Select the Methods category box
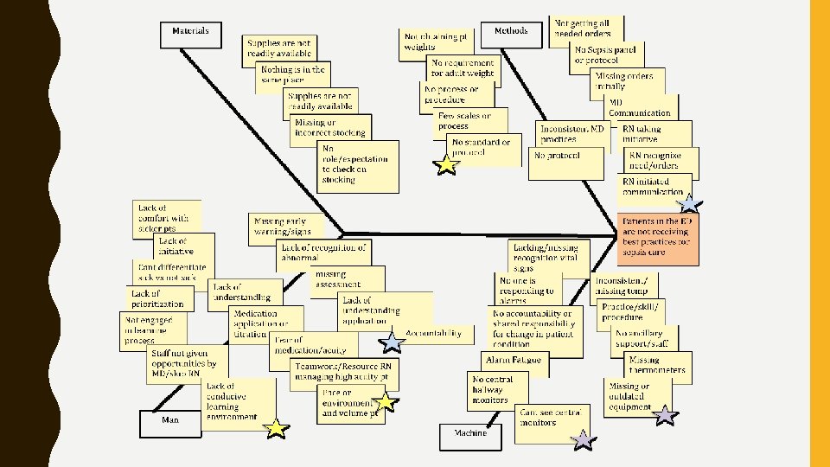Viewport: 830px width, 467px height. click(x=511, y=33)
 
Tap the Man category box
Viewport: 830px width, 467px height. click(x=171, y=422)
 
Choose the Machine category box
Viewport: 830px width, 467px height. click(x=465, y=435)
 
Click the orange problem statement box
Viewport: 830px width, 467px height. click(x=657, y=240)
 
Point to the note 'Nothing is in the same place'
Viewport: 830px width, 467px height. click(x=294, y=74)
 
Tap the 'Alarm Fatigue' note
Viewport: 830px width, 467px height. click(x=514, y=360)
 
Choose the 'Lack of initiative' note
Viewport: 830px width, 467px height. click(x=173, y=246)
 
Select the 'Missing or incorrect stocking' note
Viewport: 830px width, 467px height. click(x=329, y=128)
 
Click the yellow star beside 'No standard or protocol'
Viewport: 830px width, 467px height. click(x=446, y=164)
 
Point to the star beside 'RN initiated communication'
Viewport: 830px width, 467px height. click(x=689, y=204)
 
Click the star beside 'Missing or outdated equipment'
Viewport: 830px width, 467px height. click(x=664, y=416)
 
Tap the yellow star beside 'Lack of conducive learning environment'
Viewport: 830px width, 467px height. click(x=275, y=428)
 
